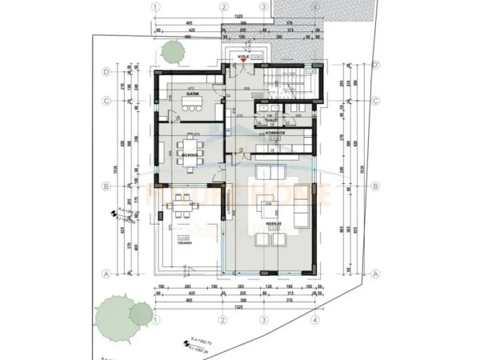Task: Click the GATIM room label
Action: coord(193,95)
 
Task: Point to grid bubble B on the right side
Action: coord(374,186)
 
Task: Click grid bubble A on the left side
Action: coord(106,273)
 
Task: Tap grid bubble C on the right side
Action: coord(374,101)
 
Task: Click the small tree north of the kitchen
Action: coord(172,51)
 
